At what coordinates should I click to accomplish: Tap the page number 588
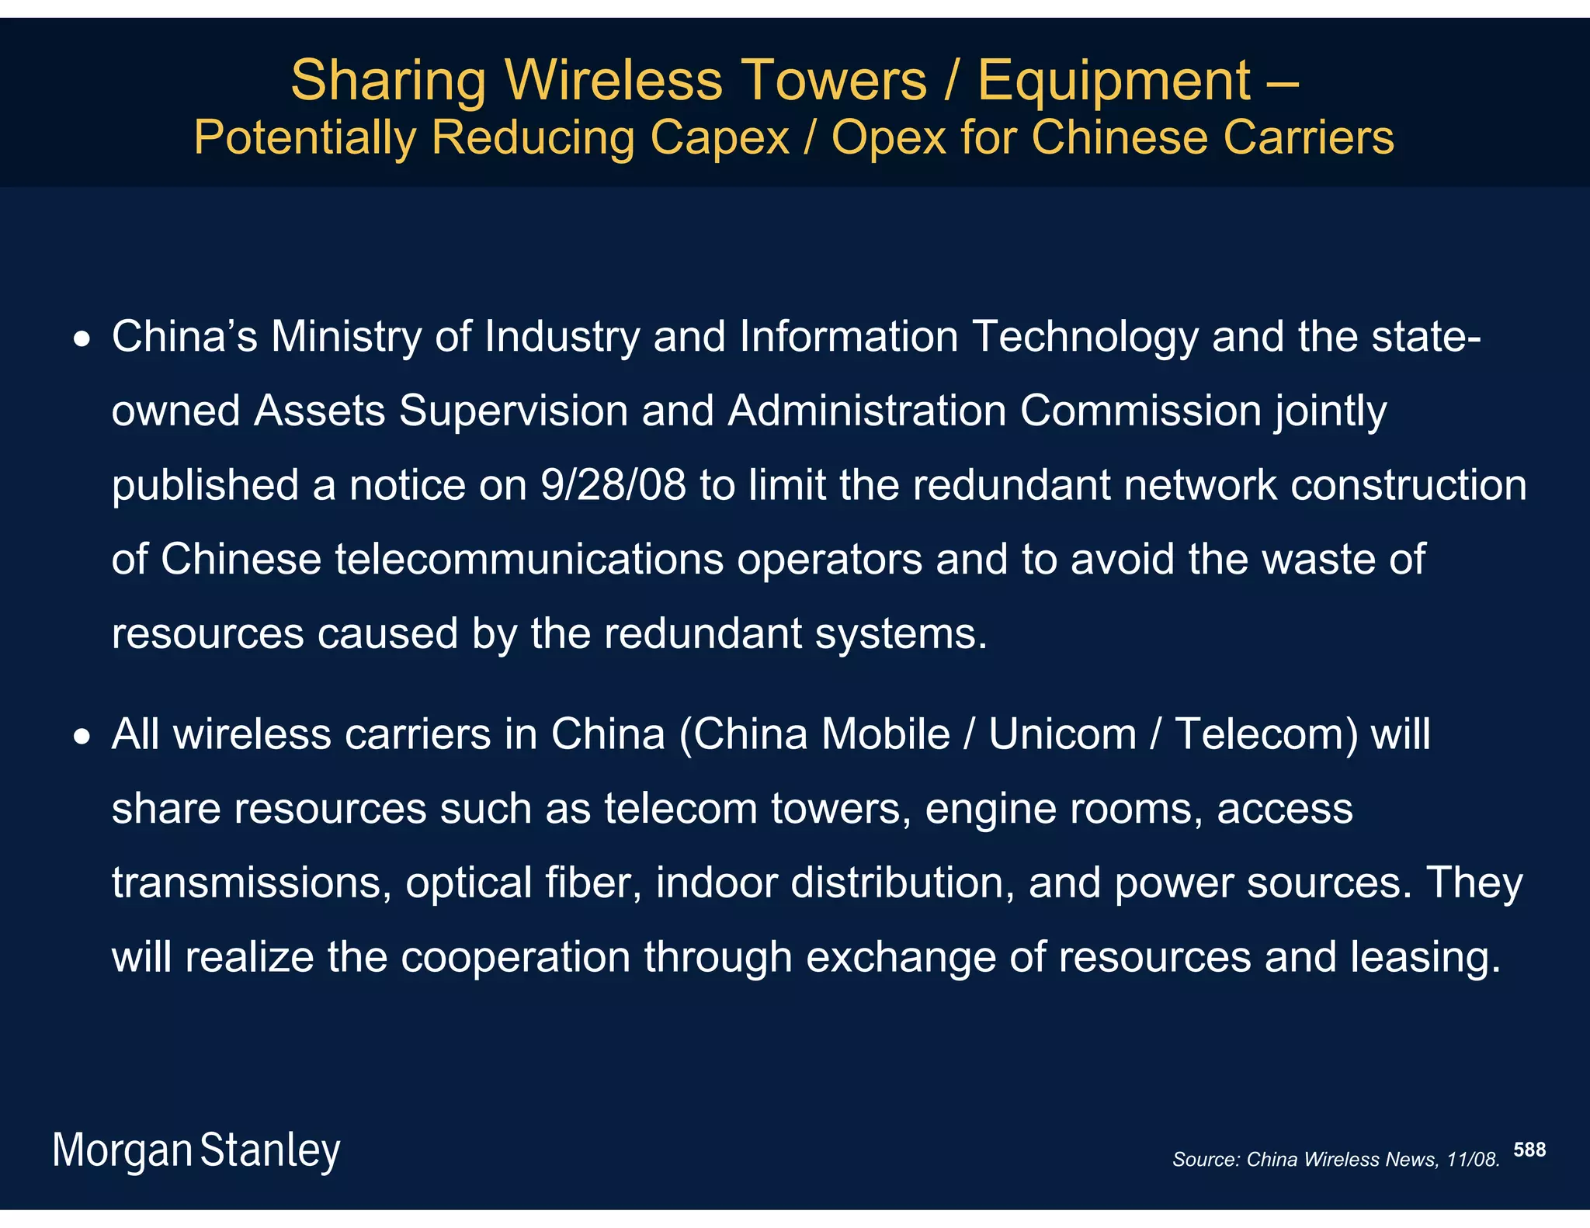pos(1529,1150)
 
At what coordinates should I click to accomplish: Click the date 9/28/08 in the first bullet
pos(613,485)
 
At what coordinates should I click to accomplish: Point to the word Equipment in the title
pos(1114,82)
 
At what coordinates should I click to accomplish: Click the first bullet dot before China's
pos(82,339)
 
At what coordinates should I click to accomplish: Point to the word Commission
pos(1140,411)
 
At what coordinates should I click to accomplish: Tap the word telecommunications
pos(529,559)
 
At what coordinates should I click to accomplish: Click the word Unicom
pos(1062,734)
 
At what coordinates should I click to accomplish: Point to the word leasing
pos(1425,958)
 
